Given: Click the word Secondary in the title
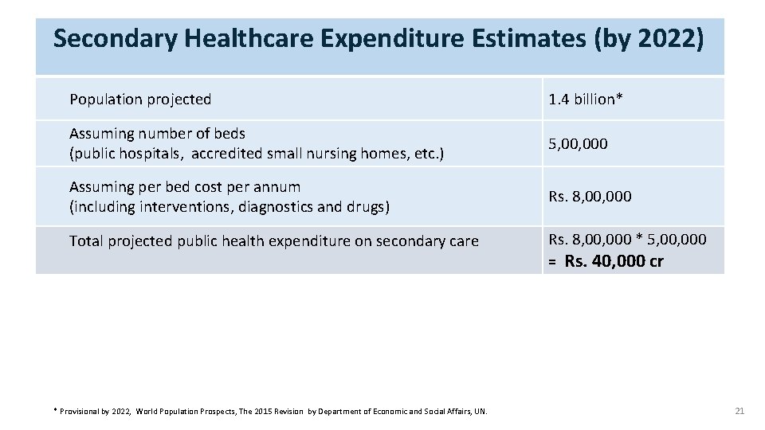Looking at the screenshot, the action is pos(115,39).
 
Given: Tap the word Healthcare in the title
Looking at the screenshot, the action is pos(249,38).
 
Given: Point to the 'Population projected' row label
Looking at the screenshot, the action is pos(140,100).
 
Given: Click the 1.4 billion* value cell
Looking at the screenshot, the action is pos(586,99).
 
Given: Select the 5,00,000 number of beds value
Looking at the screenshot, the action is pos(579,144).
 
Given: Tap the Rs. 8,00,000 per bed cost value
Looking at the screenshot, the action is pos(590,197).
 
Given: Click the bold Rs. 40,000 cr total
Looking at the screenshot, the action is pos(614,261).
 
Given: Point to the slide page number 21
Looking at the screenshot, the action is pos(739,411).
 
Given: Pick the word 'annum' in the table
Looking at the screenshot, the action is pos(280,188).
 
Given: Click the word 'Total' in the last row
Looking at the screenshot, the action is pos(86,241).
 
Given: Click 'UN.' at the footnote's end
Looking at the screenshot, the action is pos(481,412).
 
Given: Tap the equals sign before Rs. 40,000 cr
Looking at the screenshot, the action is pos(551,262).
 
